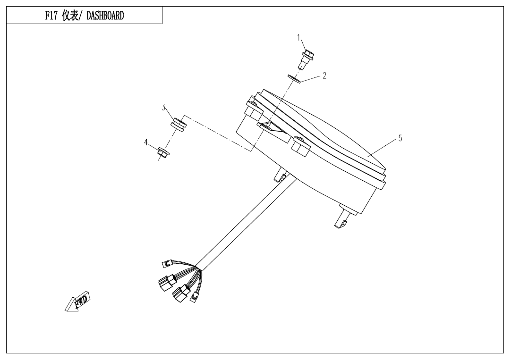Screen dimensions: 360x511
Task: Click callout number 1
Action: click(x=298, y=37)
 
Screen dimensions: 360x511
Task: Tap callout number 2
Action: click(x=324, y=75)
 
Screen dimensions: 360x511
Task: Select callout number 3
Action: click(x=163, y=108)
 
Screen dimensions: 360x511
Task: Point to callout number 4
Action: click(x=146, y=142)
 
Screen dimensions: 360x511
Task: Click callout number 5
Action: click(x=400, y=138)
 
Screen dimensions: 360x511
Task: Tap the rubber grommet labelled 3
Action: click(x=179, y=125)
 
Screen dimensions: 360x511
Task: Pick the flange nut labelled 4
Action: click(x=162, y=152)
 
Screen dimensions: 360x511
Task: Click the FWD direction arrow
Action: click(x=78, y=302)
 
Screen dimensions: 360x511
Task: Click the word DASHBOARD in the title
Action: click(x=105, y=16)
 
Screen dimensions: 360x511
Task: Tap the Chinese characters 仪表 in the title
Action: click(x=70, y=16)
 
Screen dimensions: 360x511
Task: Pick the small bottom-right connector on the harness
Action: click(x=195, y=297)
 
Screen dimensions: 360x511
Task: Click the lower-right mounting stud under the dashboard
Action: click(x=342, y=218)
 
